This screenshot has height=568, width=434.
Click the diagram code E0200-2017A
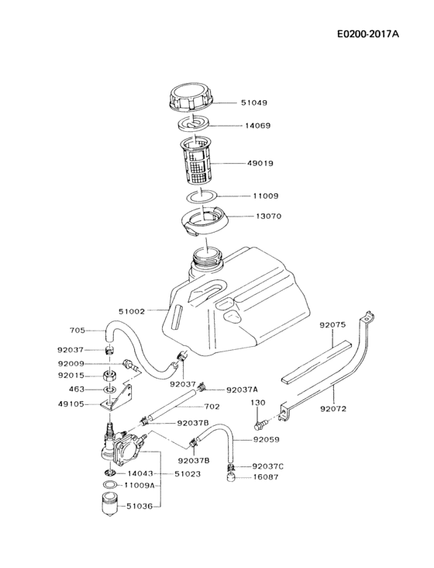[x=375, y=35]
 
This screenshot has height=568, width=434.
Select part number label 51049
[x=255, y=102]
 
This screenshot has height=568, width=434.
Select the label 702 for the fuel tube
[x=212, y=406]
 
